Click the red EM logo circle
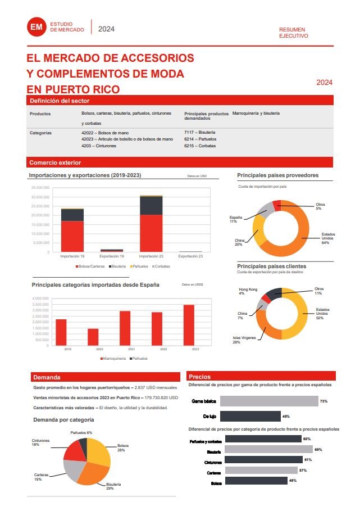point(37,26)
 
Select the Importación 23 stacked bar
point(151,223)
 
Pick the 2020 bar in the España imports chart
point(93,337)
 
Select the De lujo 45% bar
point(250,417)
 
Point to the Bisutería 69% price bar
point(266,450)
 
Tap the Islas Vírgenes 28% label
point(244,340)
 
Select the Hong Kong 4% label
point(248,291)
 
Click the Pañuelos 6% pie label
point(81,432)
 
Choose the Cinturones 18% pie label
point(40,442)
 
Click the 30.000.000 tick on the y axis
point(40,197)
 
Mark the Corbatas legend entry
point(161,265)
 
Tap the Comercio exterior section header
point(54,162)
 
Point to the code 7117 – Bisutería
point(199,132)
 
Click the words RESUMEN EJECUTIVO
point(293,32)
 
